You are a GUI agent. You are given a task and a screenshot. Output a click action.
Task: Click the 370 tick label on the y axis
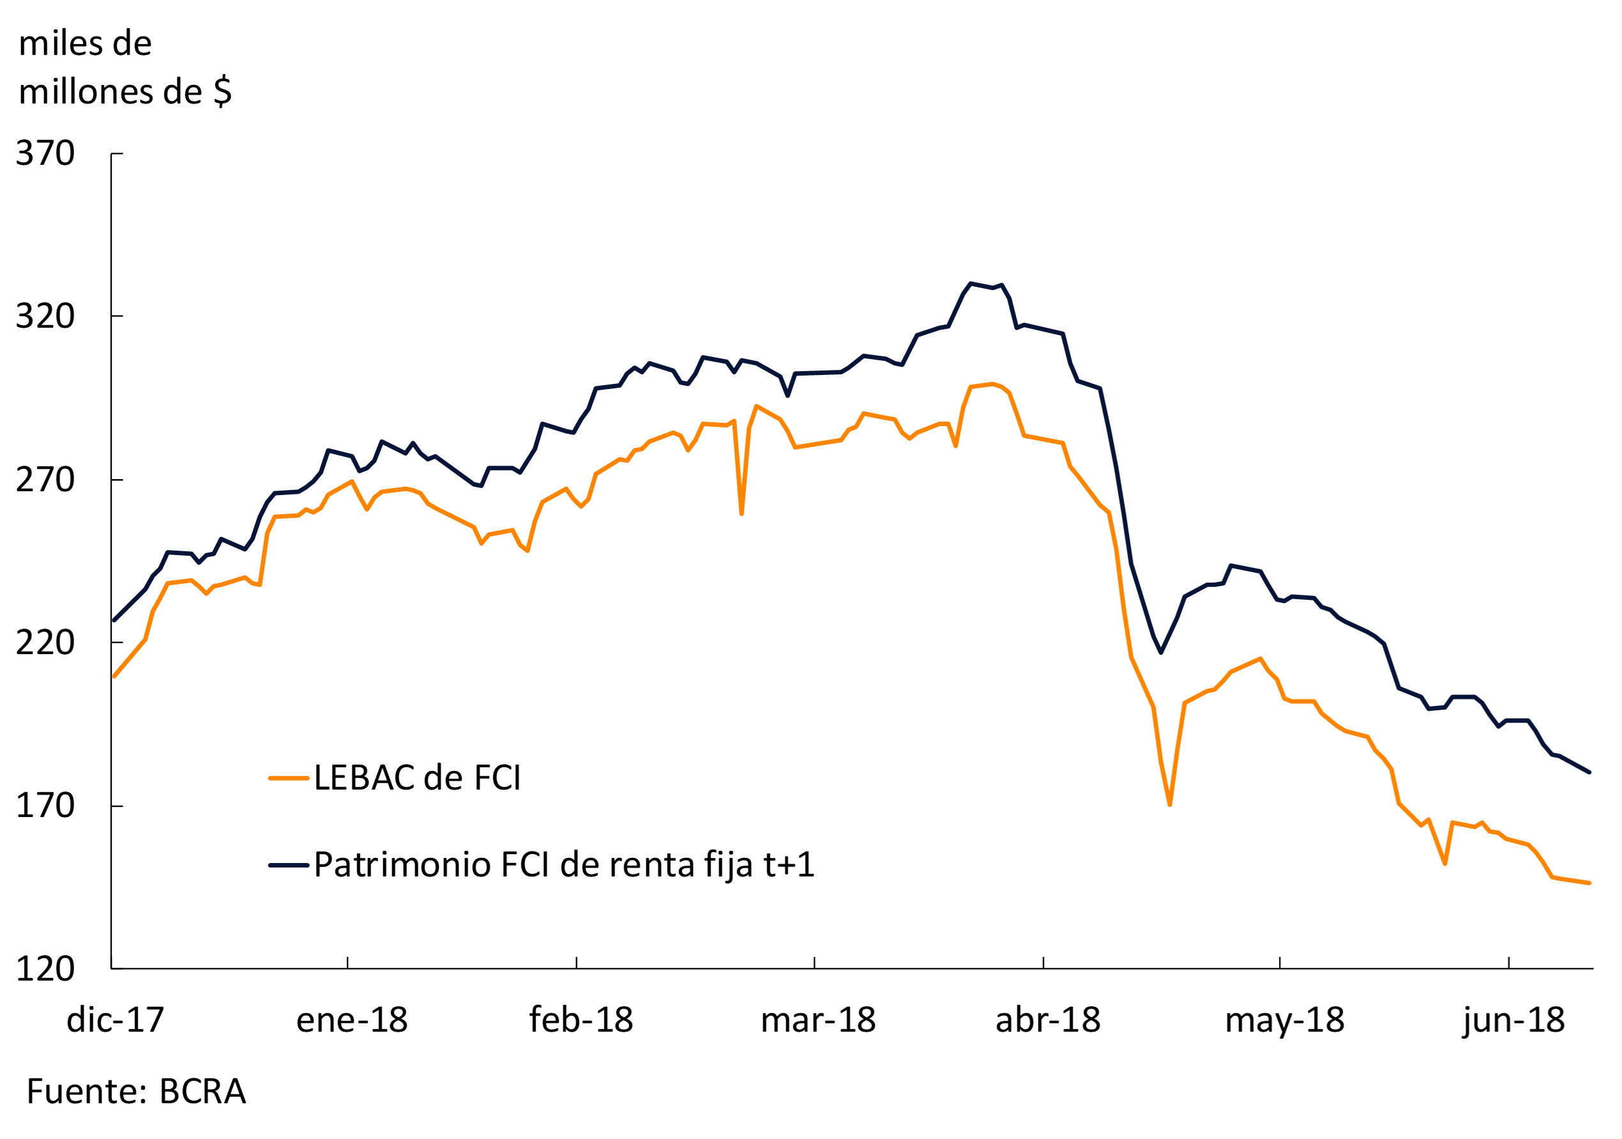click(x=45, y=153)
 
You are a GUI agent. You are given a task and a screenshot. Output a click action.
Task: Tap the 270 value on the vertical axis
click(x=45, y=480)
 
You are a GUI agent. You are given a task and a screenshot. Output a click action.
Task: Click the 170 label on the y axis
click(x=45, y=806)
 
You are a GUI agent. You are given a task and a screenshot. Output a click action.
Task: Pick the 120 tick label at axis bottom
click(x=45, y=968)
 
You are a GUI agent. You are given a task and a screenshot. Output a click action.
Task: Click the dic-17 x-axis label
click(x=115, y=1020)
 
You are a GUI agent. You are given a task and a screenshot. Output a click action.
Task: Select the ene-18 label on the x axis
click(x=352, y=1020)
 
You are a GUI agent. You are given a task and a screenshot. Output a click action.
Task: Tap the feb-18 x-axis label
click(x=580, y=1020)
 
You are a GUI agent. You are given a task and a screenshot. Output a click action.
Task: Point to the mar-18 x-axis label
click(x=818, y=1020)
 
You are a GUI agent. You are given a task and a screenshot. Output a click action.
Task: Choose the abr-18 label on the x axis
click(x=1048, y=1020)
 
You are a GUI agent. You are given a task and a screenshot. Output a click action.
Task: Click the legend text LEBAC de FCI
click(x=417, y=778)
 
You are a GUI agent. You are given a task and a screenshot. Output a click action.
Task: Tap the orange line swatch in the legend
click(x=288, y=779)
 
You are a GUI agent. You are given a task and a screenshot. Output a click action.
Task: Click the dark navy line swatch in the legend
click(x=288, y=866)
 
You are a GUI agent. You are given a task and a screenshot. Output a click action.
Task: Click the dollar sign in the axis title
click(x=222, y=92)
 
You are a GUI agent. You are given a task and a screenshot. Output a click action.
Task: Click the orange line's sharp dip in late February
click(x=741, y=512)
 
